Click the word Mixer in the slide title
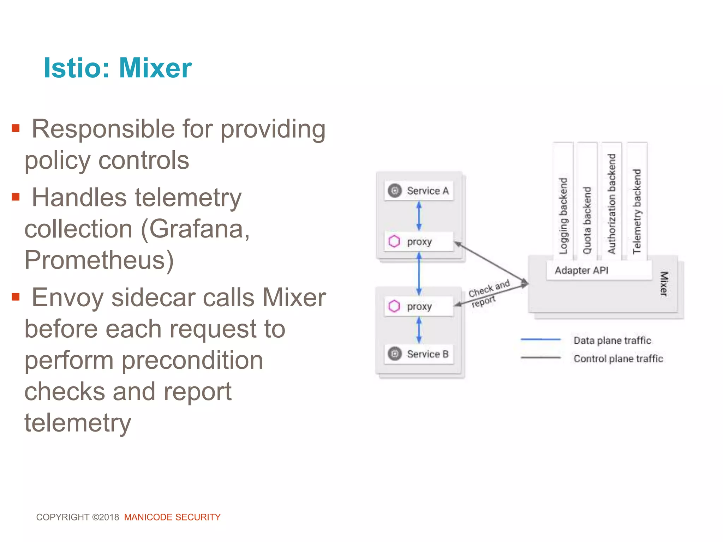click(155, 68)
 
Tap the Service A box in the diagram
click(419, 191)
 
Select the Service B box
click(419, 354)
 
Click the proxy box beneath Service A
click(419, 242)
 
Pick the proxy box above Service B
click(419, 306)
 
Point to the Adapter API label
click(581, 271)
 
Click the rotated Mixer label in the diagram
click(664, 284)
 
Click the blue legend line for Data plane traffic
click(540, 339)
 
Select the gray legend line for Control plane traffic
click(540, 358)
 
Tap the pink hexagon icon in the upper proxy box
click(394, 242)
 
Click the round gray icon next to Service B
click(395, 354)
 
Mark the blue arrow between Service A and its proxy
click(419, 216)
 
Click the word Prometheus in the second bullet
click(99, 260)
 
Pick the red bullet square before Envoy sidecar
click(16, 296)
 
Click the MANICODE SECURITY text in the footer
click(172, 517)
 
